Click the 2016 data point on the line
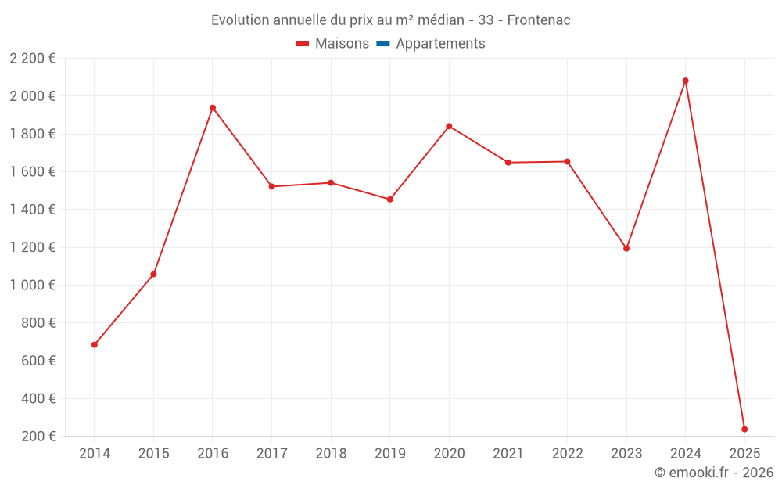pyautogui.click(x=213, y=108)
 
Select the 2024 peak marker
pyautogui.click(x=686, y=81)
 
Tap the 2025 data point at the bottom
pyautogui.click(x=744, y=429)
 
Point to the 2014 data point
pyautogui.click(x=95, y=345)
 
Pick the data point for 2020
pyautogui.click(x=449, y=126)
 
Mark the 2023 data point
pyautogui.click(x=626, y=249)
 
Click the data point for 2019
pyautogui.click(x=390, y=200)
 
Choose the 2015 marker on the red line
pyautogui.click(x=153, y=275)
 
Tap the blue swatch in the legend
pyautogui.click(x=383, y=44)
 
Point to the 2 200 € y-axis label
pyautogui.click(x=32, y=59)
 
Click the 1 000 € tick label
pyautogui.click(x=32, y=286)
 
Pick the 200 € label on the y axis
pyautogui.click(x=38, y=437)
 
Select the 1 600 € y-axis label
pyautogui.click(x=32, y=172)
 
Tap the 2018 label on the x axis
pyautogui.click(x=331, y=454)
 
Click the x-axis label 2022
pyautogui.click(x=567, y=454)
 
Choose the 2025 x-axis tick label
pyautogui.click(x=744, y=454)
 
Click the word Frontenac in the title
pyautogui.click(x=539, y=20)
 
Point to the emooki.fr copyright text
pyautogui.click(x=714, y=473)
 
